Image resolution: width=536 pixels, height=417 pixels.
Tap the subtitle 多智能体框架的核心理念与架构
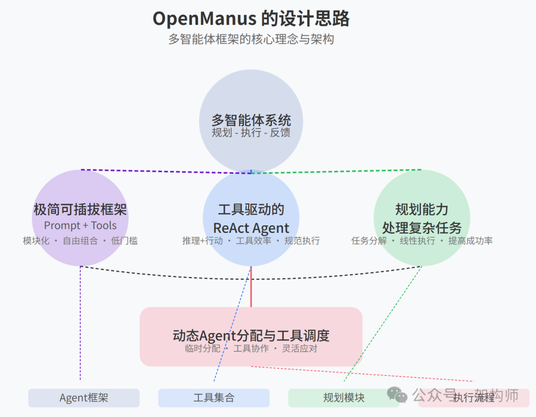click(251, 39)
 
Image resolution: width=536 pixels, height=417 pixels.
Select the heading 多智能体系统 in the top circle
click(251, 120)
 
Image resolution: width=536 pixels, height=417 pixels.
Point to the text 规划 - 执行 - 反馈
click(251, 133)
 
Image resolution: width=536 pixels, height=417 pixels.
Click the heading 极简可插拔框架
click(80, 209)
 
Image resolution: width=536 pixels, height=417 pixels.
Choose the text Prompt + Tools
click(80, 225)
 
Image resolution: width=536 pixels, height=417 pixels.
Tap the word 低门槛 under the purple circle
click(125, 241)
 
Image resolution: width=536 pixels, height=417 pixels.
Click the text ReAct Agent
click(251, 228)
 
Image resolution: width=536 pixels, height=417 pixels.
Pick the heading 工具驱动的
click(251, 209)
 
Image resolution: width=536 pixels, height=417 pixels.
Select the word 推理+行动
click(202, 241)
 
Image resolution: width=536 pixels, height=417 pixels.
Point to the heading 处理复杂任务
click(422, 228)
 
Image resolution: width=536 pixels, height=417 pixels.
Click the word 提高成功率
click(470, 241)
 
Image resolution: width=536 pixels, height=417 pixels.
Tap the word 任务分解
click(369, 241)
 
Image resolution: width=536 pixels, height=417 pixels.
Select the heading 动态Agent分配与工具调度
click(251, 336)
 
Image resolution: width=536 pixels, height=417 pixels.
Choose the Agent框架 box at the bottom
click(84, 398)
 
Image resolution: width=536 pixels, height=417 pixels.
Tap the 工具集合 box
click(214, 398)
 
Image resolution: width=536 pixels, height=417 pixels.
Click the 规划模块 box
click(343, 398)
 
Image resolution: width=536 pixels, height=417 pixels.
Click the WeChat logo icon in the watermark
click(398, 395)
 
